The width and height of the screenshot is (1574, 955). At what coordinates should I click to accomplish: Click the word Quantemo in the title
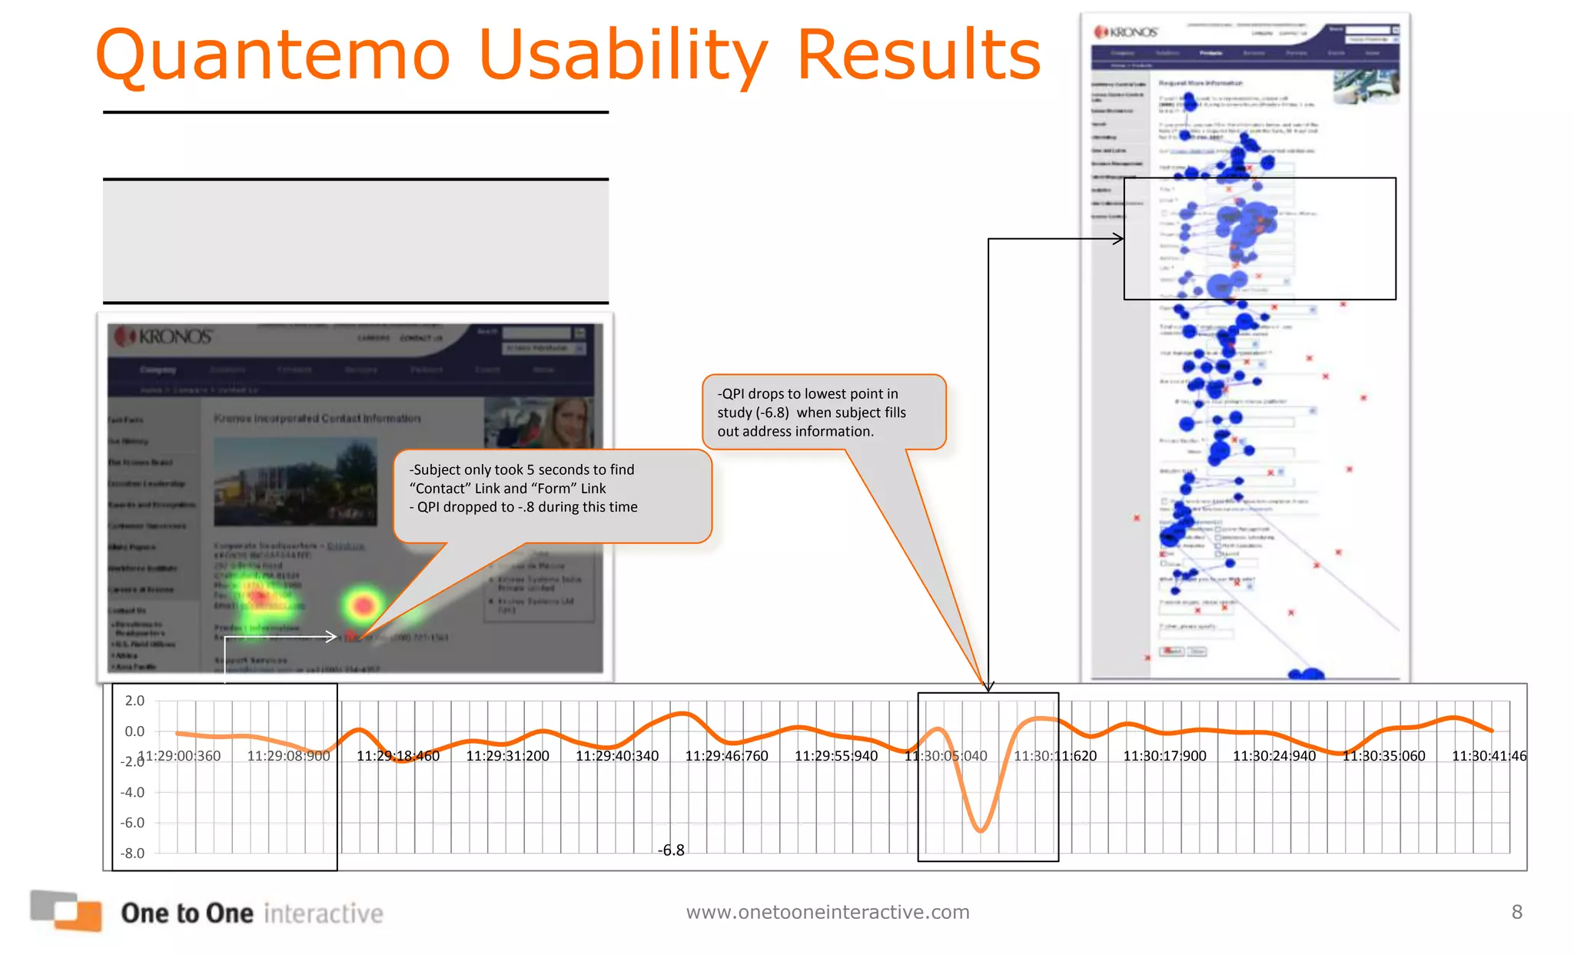(x=273, y=55)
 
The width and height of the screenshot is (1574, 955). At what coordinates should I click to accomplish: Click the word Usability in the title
(x=623, y=55)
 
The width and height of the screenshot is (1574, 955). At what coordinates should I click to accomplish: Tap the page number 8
(x=1516, y=912)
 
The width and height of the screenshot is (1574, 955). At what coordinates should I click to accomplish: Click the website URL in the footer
(x=828, y=912)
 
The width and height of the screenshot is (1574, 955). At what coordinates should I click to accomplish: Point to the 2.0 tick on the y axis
(x=134, y=701)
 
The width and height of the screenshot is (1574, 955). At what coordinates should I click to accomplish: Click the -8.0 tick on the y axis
(x=132, y=853)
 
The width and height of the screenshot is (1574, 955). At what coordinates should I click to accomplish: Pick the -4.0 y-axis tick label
(x=132, y=792)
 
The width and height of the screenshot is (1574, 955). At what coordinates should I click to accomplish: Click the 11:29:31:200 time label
(x=507, y=756)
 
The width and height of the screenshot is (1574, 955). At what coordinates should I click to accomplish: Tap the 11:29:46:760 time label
(x=726, y=756)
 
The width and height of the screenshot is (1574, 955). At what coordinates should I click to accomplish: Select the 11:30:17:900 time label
(x=1164, y=756)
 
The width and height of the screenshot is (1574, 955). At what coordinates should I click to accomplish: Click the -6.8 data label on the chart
(x=671, y=851)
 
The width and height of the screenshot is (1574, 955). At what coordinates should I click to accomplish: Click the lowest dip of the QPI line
(x=981, y=830)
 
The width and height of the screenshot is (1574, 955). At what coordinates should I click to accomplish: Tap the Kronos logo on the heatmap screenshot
(x=163, y=337)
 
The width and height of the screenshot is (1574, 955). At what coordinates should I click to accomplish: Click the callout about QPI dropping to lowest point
(x=822, y=413)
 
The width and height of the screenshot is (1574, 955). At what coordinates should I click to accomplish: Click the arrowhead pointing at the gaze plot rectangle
(x=1118, y=239)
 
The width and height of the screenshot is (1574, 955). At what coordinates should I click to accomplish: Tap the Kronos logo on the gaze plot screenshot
(x=1126, y=32)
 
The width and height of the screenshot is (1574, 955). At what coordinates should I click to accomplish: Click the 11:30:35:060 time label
(x=1383, y=756)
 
